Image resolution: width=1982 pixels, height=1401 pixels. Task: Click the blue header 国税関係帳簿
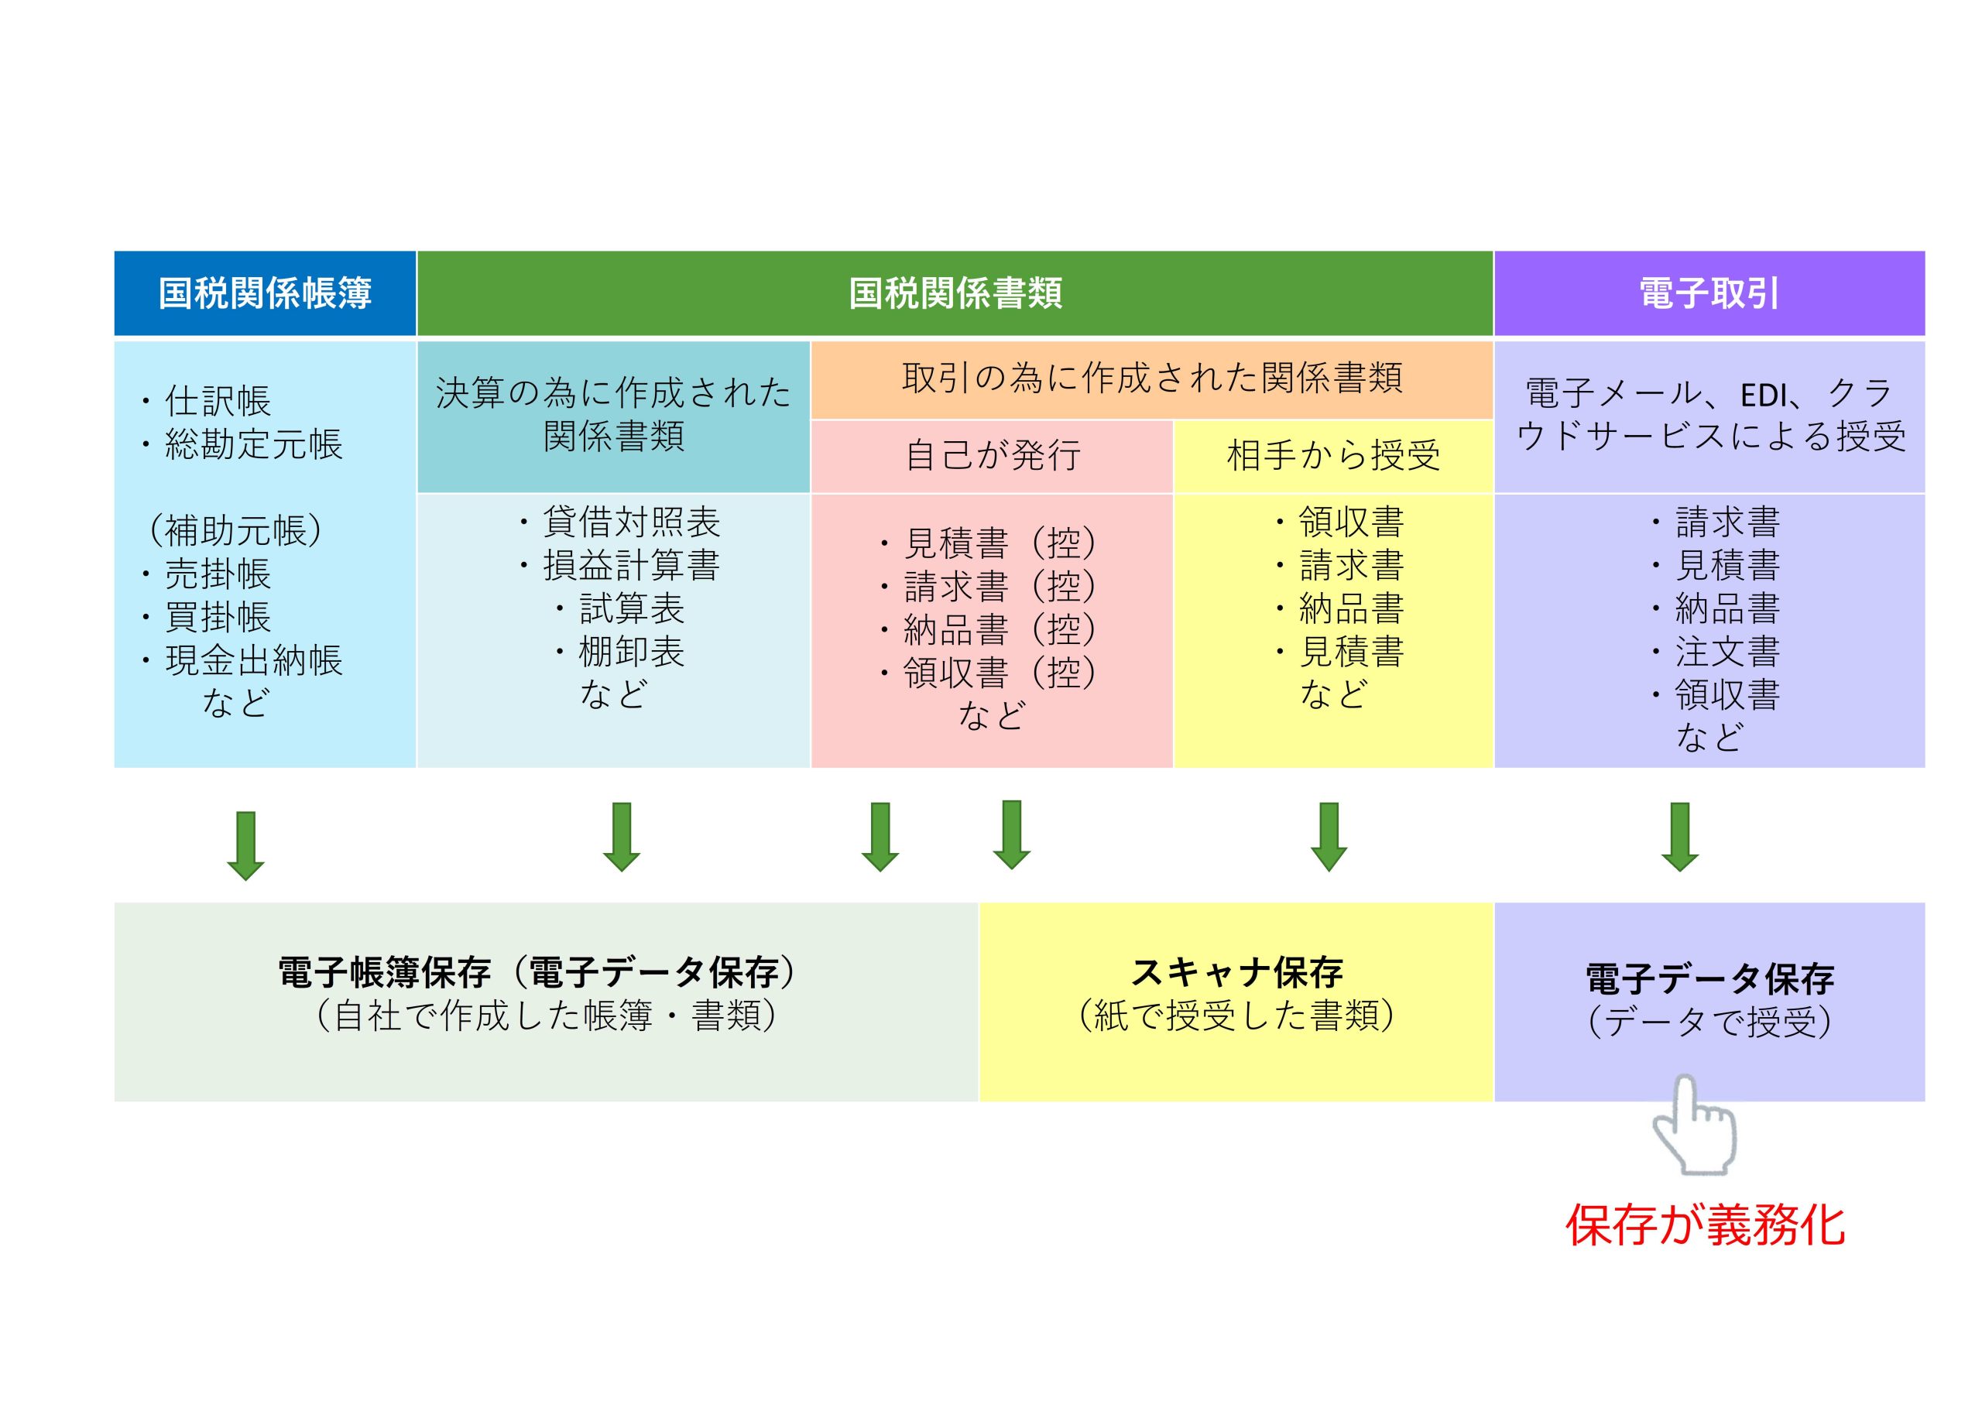[265, 293]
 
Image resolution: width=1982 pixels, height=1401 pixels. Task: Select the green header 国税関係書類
[955, 293]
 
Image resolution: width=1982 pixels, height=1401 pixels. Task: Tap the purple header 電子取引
[1709, 293]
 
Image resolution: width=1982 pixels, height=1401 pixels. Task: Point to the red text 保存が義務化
[1706, 1225]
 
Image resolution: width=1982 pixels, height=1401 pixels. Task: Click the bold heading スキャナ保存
[1236, 973]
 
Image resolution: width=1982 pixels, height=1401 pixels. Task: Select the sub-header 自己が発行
[993, 456]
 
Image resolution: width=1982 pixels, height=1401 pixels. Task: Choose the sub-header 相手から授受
[1333, 456]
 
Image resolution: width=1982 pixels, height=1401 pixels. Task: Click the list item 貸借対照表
[631, 522]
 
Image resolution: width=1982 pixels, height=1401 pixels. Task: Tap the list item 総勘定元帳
[254, 444]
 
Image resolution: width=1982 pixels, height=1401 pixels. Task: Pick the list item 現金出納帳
[254, 660]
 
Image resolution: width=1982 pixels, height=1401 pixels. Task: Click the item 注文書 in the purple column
[1727, 652]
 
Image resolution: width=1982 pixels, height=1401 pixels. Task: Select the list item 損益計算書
[631, 565]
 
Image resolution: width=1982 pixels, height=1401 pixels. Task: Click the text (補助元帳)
[235, 530]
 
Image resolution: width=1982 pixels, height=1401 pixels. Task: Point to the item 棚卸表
[631, 652]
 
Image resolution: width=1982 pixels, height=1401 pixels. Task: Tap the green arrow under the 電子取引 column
[1680, 837]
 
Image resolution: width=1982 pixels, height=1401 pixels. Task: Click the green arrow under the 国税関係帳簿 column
[246, 845]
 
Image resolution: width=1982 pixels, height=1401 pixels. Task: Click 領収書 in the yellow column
[1351, 522]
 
